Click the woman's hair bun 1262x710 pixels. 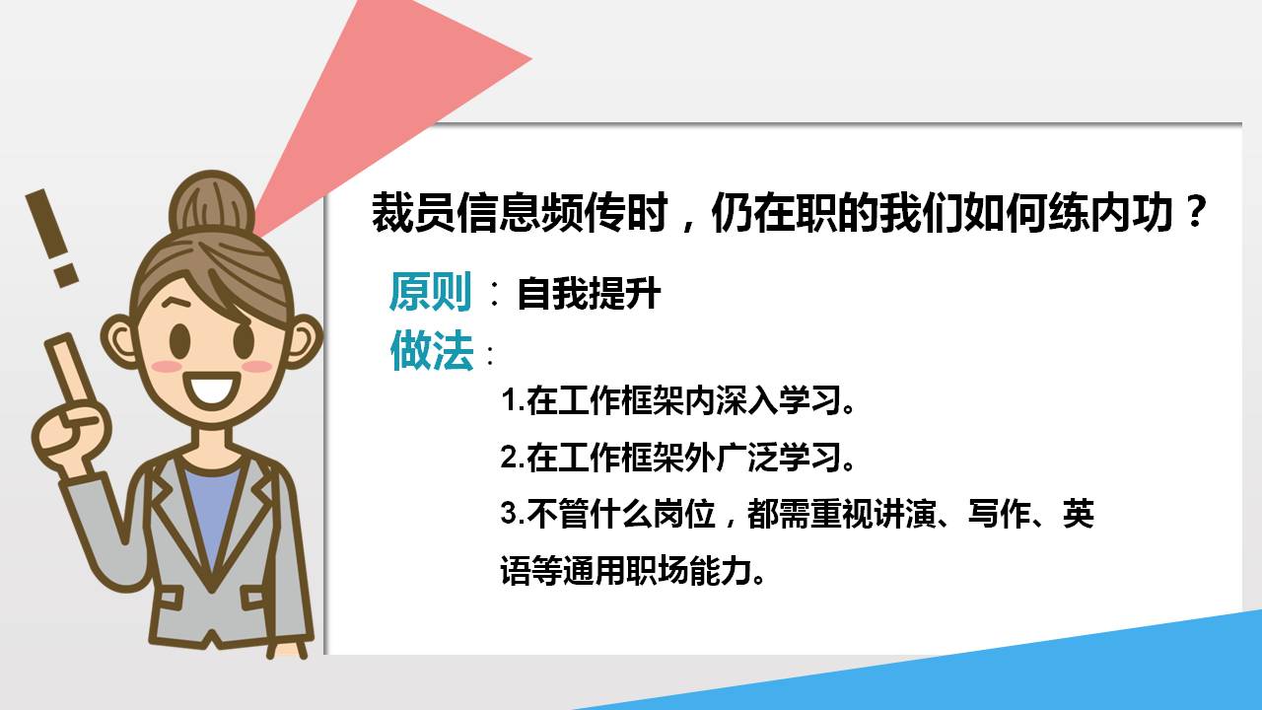point(211,203)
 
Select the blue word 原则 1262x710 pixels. point(431,292)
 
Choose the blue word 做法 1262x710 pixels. point(431,350)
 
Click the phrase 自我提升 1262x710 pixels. point(589,294)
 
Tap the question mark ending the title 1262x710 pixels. point(1194,213)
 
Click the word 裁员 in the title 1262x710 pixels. point(414,213)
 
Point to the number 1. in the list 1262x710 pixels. point(513,401)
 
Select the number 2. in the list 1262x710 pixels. point(513,458)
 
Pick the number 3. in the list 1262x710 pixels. point(513,514)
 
